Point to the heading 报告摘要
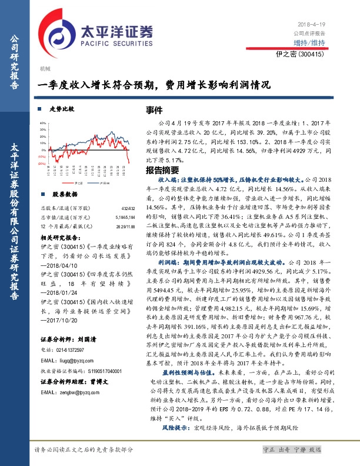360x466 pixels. (x=146, y=169)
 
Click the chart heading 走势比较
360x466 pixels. (x=62, y=109)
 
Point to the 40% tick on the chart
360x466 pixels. (x=42, y=124)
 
